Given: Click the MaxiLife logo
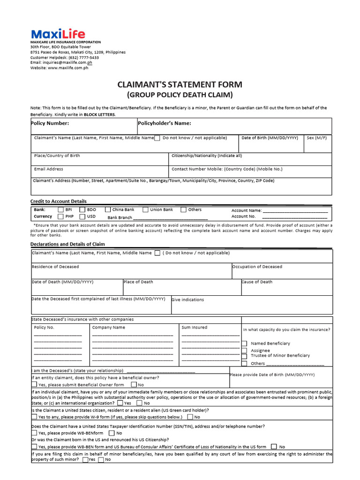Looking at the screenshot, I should click(x=52, y=34).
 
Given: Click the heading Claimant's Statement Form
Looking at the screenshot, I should click(x=180, y=84).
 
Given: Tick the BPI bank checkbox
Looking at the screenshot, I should click(x=60, y=210).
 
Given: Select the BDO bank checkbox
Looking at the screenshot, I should click(x=82, y=210).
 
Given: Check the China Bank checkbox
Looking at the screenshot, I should click(x=108, y=210).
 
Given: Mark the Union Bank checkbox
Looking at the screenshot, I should click(x=145, y=210).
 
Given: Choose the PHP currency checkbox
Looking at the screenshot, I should click(x=60, y=217).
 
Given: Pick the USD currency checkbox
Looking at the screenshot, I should click(x=82, y=217).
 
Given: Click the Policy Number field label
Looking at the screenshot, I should click(x=50, y=123).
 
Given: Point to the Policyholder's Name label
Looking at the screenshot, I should click(x=165, y=123).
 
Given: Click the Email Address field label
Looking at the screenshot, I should click(x=48, y=169).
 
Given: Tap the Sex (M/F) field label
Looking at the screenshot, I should click(x=317, y=138).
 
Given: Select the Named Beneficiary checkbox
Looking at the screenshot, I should click(x=244, y=344).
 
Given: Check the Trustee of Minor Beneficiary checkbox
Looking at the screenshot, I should click(x=244, y=356).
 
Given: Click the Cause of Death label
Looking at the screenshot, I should click(x=257, y=282).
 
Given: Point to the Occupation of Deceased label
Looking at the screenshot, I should click(x=257, y=267).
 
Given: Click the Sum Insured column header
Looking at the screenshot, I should click(x=194, y=327).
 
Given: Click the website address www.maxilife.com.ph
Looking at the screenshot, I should click(x=67, y=67).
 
